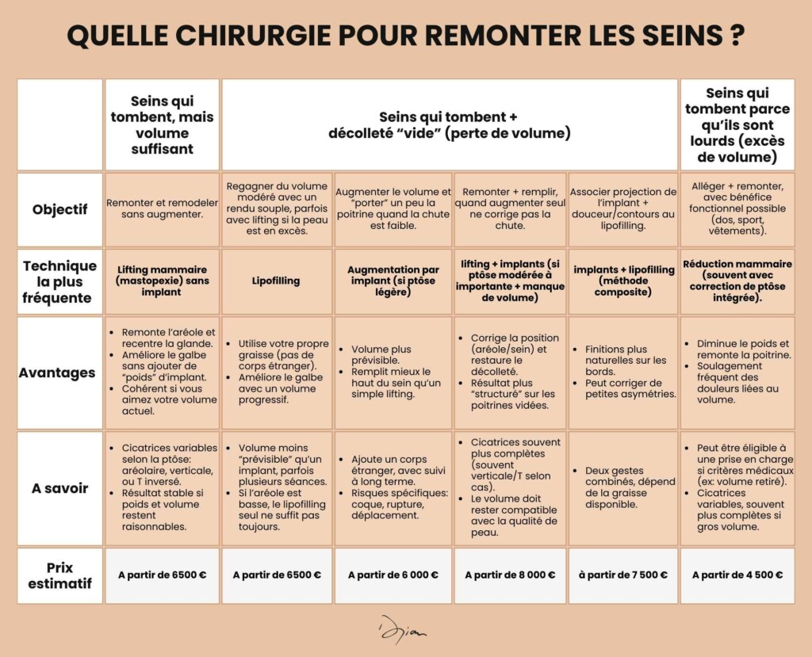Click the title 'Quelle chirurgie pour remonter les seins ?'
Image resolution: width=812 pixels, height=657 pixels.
pos(406,36)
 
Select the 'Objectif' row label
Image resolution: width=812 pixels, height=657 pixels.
pos(60,210)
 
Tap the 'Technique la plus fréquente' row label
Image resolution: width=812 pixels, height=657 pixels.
pos(60,281)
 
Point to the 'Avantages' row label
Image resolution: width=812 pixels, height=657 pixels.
pos(60,372)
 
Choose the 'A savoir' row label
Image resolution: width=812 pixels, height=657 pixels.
pos(60,488)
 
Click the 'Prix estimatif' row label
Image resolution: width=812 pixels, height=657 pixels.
pos(60,575)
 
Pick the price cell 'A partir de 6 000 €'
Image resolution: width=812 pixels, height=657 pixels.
pos(393,575)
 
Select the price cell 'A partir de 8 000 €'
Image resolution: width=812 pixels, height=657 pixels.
pos(510,575)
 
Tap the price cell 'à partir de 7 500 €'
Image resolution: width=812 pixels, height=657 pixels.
pos(623,575)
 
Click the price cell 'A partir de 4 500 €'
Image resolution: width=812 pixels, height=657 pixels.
pos(737,575)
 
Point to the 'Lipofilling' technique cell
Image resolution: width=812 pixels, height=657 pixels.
pos(277,281)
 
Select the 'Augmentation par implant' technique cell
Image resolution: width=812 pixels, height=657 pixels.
pos(393,281)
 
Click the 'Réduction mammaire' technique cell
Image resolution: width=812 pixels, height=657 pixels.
pos(737,281)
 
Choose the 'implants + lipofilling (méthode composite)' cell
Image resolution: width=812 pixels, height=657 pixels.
pos(623,281)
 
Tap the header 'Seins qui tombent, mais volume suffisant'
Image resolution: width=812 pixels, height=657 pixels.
pos(163,125)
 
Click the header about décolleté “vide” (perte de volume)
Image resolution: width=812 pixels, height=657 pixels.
pos(450,125)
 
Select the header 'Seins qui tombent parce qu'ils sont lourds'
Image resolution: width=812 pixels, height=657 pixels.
pos(737,125)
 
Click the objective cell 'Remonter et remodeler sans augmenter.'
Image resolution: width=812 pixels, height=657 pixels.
pos(163,208)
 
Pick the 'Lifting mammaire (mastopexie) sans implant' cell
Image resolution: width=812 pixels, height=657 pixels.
pos(163,281)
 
